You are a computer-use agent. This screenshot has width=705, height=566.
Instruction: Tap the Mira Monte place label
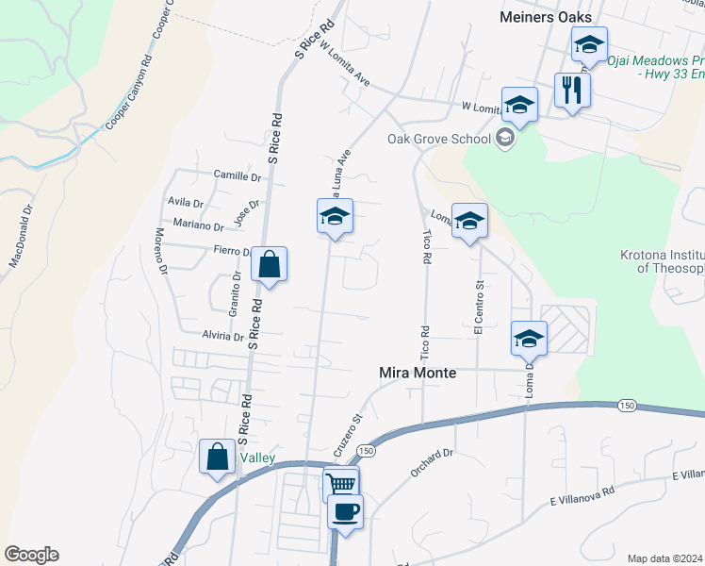417,373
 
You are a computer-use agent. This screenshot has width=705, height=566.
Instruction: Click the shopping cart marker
341,485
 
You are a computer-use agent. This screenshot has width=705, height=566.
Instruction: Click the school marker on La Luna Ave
335,216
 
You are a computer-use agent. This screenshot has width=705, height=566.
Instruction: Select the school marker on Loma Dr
529,338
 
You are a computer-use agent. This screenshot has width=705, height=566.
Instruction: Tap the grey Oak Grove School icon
504,140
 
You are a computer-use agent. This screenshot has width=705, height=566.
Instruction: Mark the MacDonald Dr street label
22,236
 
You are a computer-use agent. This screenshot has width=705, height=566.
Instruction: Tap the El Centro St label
479,308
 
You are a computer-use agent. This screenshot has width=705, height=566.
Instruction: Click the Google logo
31,555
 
